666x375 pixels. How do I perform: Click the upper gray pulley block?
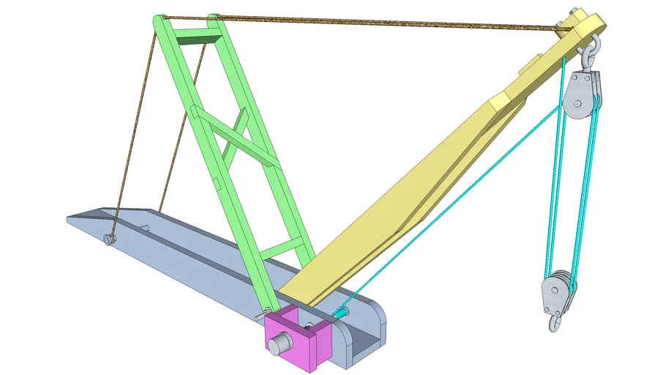tap(583, 95)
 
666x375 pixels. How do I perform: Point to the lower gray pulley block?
tap(555, 291)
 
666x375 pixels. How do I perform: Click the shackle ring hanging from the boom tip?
tap(590, 53)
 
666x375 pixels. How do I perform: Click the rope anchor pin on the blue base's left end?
tap(109, 240)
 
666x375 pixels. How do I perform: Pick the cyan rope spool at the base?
tap(340, 313)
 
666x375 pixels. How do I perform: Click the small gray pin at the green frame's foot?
tap(261, 316)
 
